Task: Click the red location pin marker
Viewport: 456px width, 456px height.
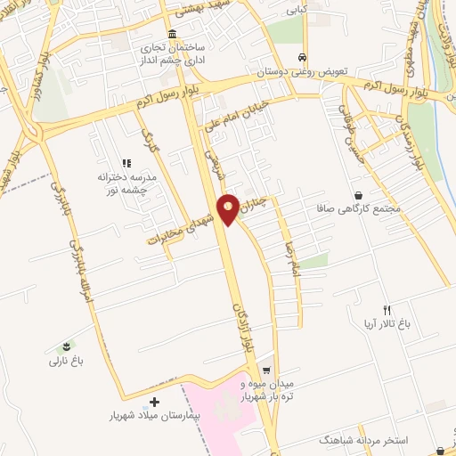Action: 229,208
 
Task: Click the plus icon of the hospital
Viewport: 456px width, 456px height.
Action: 156,403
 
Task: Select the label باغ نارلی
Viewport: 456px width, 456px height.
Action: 65,361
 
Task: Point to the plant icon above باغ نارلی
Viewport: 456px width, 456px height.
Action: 65,346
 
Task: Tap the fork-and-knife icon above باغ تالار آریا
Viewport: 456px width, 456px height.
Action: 387,309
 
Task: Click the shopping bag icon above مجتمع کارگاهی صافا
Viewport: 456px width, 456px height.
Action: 358,194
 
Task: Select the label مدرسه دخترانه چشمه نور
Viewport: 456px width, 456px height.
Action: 126,183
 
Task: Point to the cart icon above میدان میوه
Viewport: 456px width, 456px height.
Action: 266,368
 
